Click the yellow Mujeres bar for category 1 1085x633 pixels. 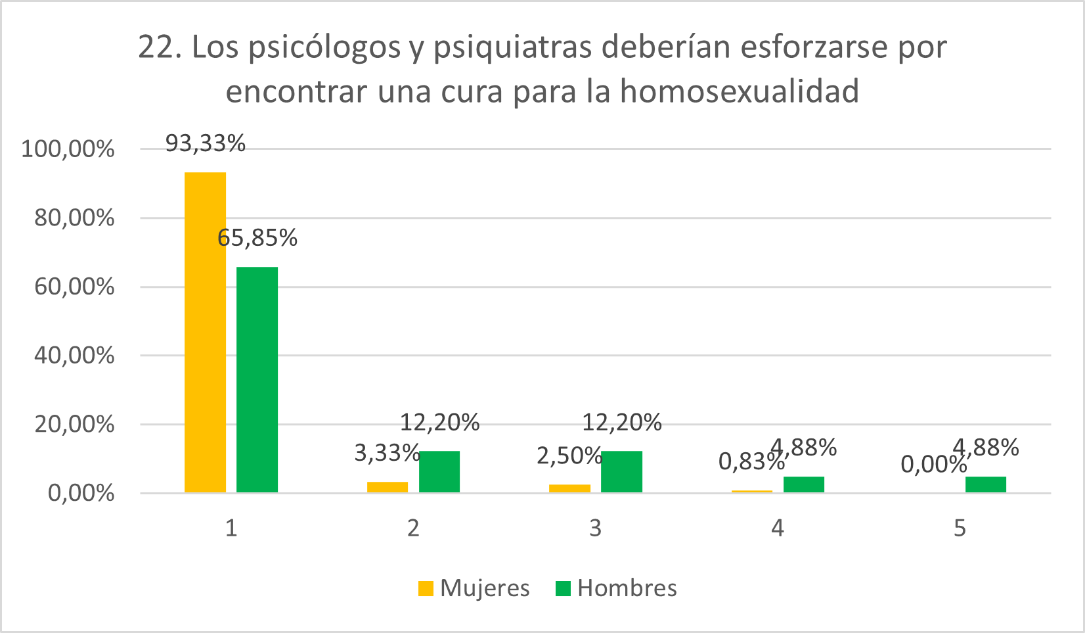(205, 332)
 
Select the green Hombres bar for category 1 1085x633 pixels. (257, 379)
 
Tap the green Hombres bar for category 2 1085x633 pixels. (439, 471)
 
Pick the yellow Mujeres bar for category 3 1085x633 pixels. (569, 488)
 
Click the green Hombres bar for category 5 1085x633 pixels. (985, 484)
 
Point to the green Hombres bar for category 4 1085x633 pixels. (803, 484)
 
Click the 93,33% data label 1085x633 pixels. (205, 143)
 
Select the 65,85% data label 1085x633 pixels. (257, 238)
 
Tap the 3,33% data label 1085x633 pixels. (387, 453)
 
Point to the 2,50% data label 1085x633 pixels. (569, 456)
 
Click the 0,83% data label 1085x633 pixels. (751, 462)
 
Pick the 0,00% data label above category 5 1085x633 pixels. (933, 465)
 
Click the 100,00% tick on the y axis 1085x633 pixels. (68, 149)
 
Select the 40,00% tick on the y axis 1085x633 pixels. (74, 356)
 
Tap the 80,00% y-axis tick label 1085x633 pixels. (74, 218)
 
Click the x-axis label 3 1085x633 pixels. (595, 528)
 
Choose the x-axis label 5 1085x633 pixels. (960, 528)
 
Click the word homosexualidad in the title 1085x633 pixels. (739, 91)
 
